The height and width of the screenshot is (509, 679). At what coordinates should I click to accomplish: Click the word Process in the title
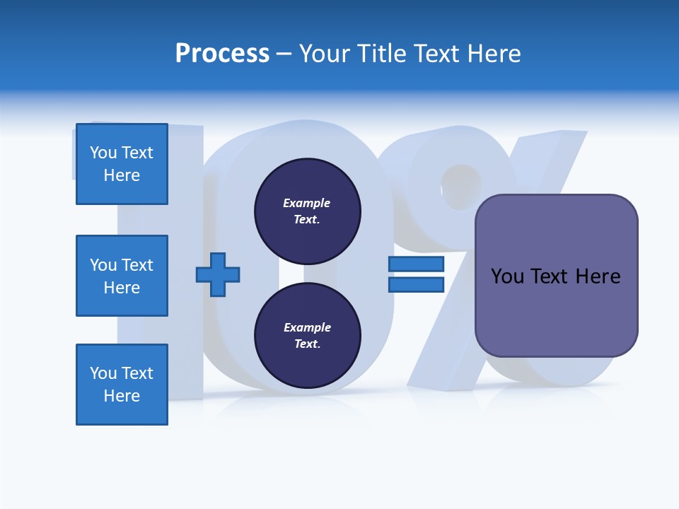tap(222, 54)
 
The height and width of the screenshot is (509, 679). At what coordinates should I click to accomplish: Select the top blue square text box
tap(122, 164)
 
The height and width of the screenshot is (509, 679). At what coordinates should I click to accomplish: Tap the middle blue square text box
tap(122, 276)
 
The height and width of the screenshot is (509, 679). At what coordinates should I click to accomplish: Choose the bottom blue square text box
tap(122, 385)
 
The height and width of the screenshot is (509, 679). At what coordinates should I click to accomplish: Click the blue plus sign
tap(218, 274)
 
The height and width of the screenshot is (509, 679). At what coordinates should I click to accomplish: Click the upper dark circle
tap(307, 211)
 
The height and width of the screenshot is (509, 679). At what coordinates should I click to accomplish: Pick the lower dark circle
tap(307, 336)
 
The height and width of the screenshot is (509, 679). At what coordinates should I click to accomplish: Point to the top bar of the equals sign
tap(416, 264)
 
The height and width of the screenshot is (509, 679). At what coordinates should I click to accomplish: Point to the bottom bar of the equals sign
tap(416, 284)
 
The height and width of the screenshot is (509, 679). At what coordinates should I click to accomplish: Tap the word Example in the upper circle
tap(306, 204)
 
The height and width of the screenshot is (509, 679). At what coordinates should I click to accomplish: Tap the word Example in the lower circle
tap(306, 328)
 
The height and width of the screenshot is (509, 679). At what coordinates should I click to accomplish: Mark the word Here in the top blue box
tap(122, 175)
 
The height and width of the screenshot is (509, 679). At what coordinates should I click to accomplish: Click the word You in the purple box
tap(507, 276)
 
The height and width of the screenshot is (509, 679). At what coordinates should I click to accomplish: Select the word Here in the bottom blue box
tap(122, 396)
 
